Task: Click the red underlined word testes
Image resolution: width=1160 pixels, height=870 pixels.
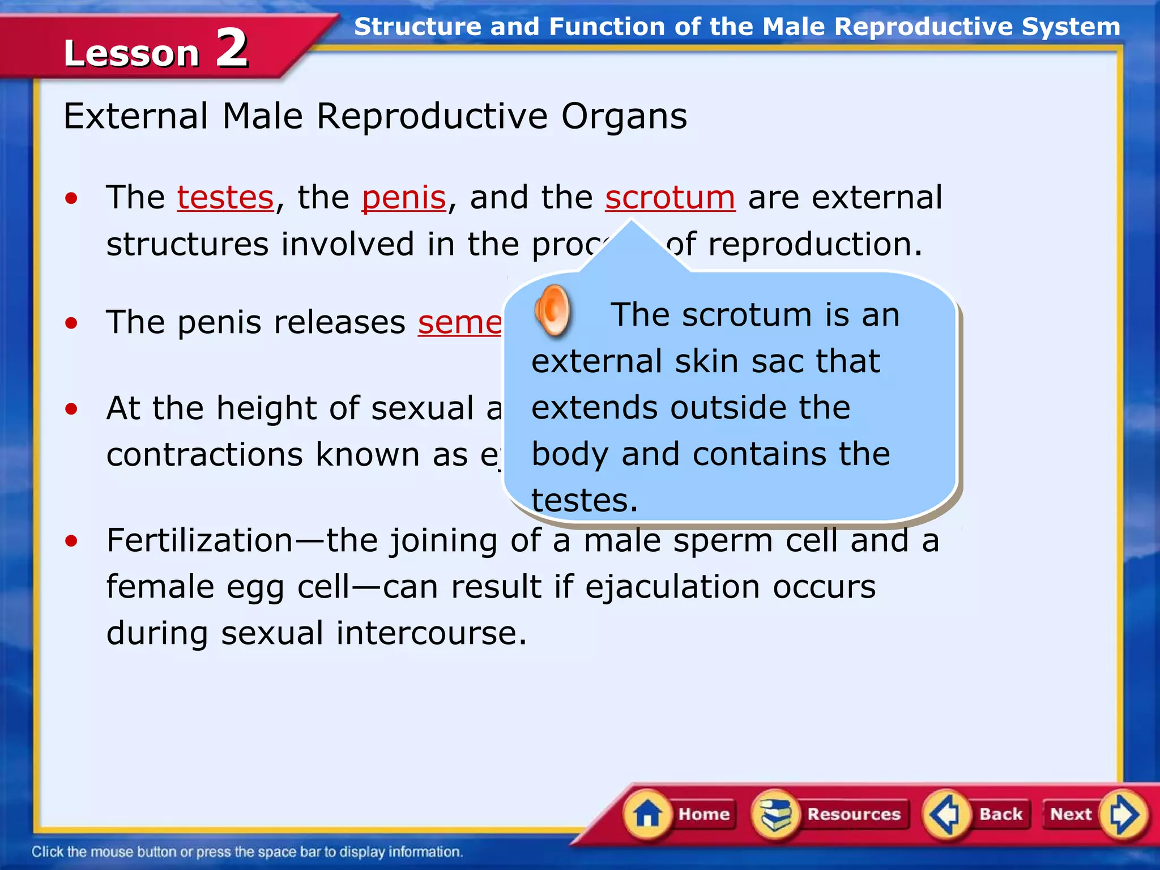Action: tap(225, 198)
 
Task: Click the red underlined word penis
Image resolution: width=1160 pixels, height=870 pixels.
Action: tap(404, 198)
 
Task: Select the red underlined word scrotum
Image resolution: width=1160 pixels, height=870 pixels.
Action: tap(670, 198)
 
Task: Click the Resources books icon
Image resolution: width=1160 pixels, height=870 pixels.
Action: tap(775, 814)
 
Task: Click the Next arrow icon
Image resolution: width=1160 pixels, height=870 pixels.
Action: tap(1123, 814)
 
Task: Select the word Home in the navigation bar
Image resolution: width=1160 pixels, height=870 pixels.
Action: tap(704, 814)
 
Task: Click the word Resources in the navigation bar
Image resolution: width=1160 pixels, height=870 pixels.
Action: tap(854, 814)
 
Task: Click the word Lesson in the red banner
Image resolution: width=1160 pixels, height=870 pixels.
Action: tap(131, 54)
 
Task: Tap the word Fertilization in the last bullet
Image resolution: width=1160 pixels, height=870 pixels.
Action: tap(199, 540)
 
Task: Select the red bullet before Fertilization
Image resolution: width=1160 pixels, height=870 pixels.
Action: tap(71, 541)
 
